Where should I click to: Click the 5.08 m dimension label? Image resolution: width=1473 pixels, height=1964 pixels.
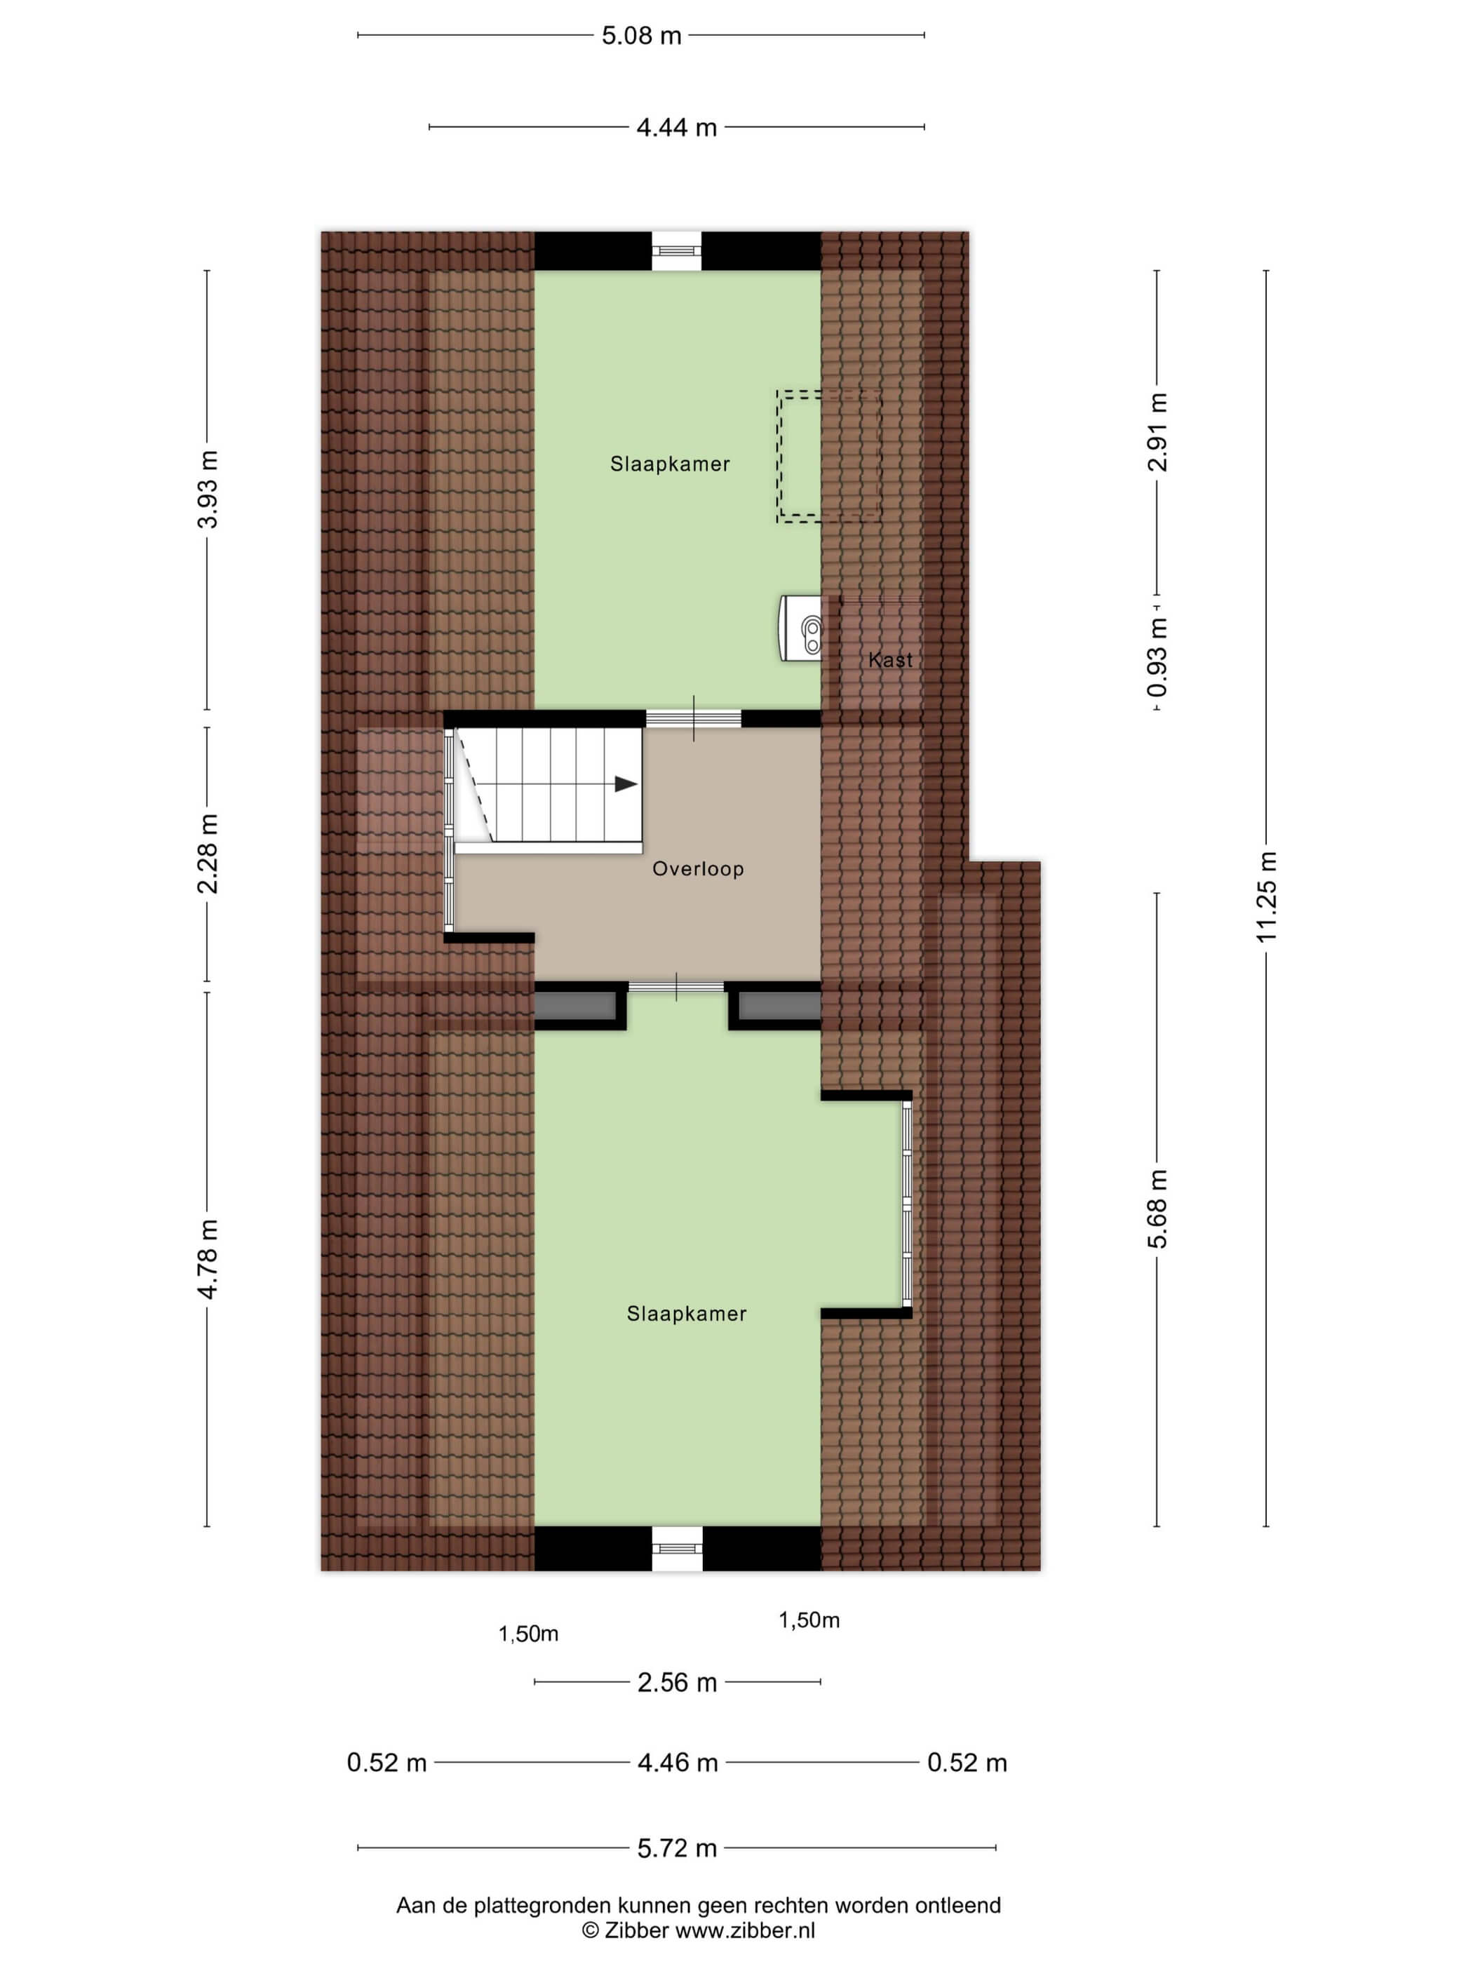point(641,36)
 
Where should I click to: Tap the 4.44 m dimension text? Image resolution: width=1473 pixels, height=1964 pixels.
point(677,127)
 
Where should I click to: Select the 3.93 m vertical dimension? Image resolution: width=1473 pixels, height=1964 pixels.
point(207,489)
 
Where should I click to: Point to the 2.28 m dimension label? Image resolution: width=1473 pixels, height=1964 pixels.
point(207,853)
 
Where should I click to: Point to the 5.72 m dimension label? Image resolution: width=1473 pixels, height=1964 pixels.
point(677,1848)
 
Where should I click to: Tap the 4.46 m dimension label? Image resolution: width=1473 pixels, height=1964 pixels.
point(678,1763)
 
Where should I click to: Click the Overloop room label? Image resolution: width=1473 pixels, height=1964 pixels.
point(698,868)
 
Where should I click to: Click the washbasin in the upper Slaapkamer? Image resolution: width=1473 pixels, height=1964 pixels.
point(802,628)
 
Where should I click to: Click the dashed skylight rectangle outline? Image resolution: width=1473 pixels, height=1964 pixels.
point(779,455)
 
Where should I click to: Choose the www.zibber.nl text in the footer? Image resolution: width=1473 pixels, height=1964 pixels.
point(746,1930)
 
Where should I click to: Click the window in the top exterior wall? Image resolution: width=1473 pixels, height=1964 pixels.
point(677,251)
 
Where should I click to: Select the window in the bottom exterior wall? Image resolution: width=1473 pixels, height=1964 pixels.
point(677,1549)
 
